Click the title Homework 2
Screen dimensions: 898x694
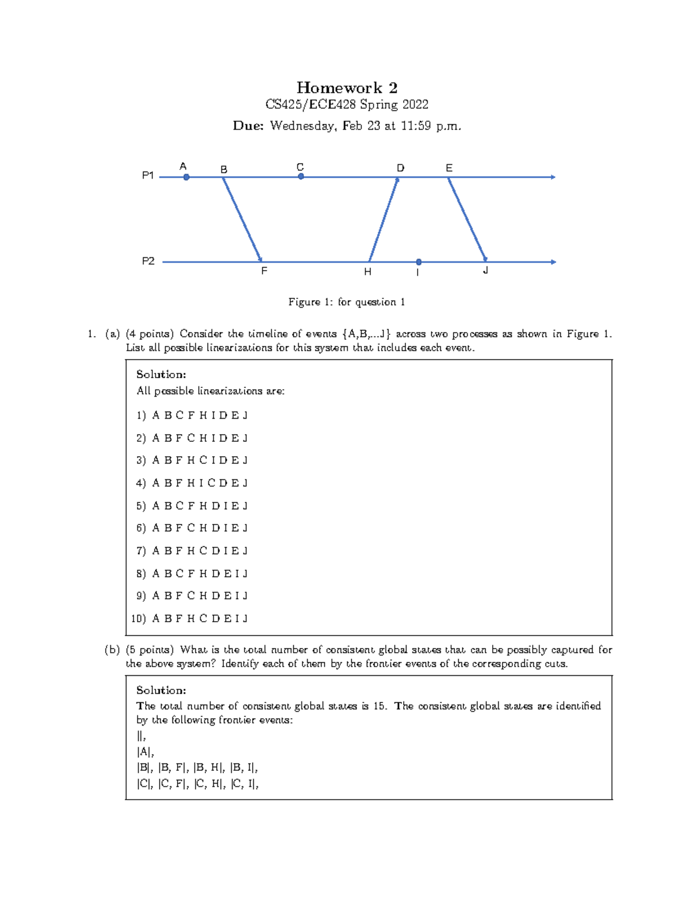[x=346, y=88]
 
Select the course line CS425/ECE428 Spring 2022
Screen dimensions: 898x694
[x=346, y=105]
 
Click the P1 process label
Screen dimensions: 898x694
[x=148, y=175]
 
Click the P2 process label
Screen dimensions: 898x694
[x=148, y=261]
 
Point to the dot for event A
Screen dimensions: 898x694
[x=186, y=178]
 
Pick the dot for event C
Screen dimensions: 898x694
[x=301, y=177]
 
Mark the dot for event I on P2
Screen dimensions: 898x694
[x=419, y=262]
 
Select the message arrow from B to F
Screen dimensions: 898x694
[x=242, y=219]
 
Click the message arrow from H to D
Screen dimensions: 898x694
[x=383, y=219]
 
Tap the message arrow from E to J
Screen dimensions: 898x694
[x=467, y=219]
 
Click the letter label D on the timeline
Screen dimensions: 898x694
[x=400, y=168]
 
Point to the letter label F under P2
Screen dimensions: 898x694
[x=264, y=271]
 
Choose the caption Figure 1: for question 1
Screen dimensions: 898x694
[x=346, y=302]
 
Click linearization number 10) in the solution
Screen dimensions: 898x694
[x=138, y=619]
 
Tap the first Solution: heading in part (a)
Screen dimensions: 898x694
[x=161, y=374]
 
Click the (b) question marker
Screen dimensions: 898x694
[x=112, y=650]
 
